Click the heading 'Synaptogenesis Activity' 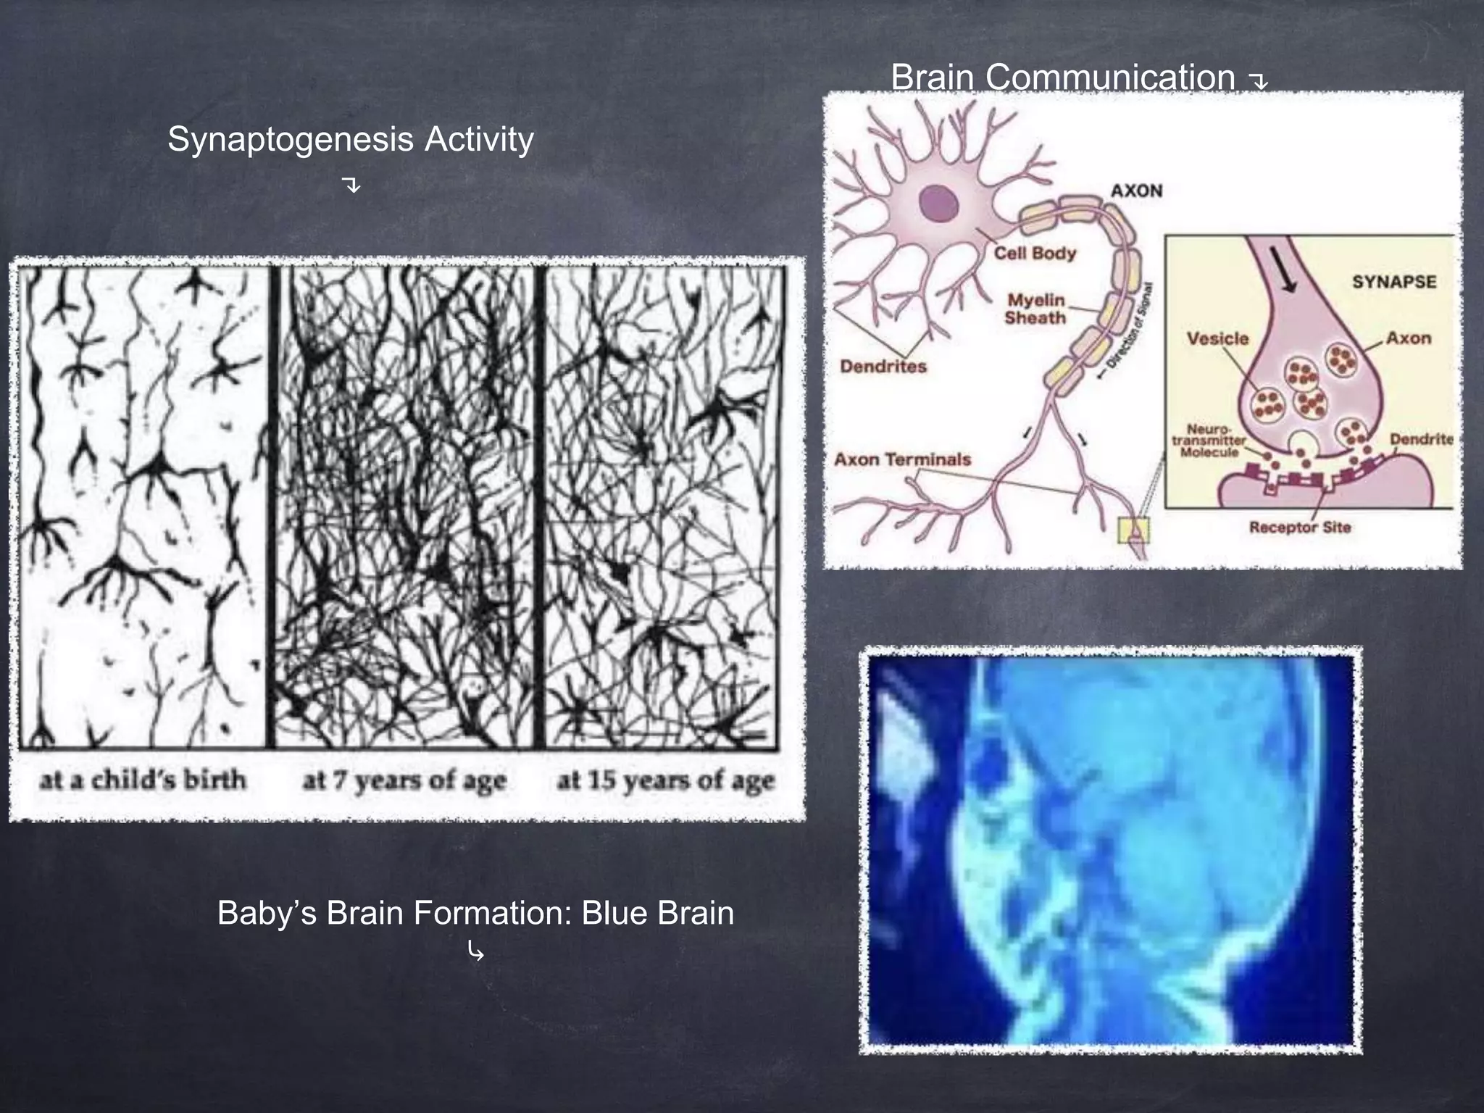[x=351, y=139]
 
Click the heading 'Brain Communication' [x=1062, y=77]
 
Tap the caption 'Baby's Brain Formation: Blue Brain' [x=475, y=912]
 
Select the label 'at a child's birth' [x=143, y=780]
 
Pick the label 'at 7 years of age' [x=404, y=781]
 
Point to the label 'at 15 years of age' [x=665, y=781]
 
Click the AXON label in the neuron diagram [x=1136, y=191]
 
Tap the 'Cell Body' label [x=1035, y=253]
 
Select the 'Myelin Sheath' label [x=1035, y=309]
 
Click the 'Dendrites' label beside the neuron [x=883, y=366]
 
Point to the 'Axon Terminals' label [x=902, y=459]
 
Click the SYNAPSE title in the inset [x=1393, y=282]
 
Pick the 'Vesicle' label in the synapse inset [x=1217, y=338]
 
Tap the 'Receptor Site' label [x=1299, y=527]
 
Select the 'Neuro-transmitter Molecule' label [x=1209, y=441]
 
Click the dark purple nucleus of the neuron [x=939, y=204]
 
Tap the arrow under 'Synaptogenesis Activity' [x=351, y=185]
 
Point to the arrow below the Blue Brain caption [x=475, y=951]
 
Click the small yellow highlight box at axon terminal [x=1134, y=530]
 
